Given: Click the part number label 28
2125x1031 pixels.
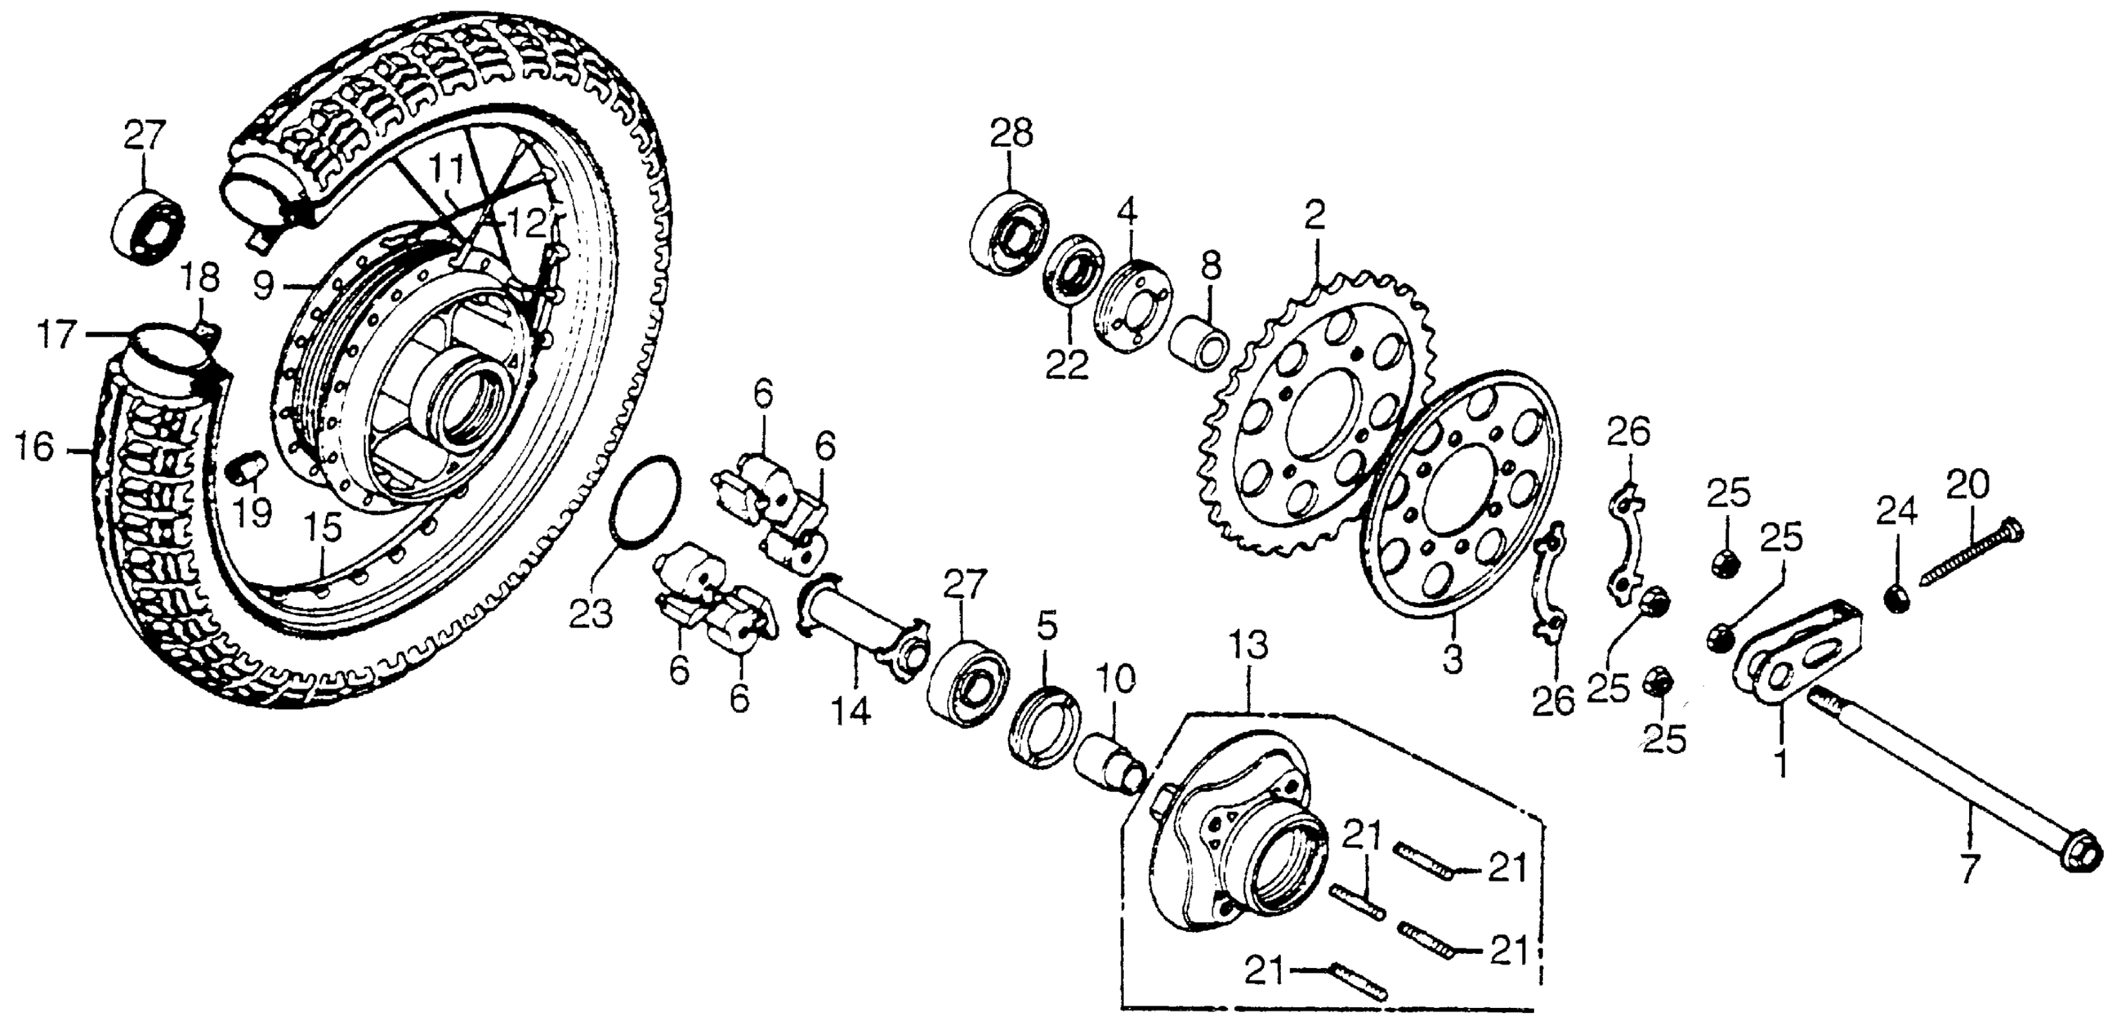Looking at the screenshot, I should pyautogui.click(x=1012, y=133).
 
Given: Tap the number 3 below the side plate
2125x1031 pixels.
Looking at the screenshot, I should pyautogui.click(x=1453, y=660).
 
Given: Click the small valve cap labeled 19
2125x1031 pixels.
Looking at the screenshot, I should pyautogui.click(x=246, y=468).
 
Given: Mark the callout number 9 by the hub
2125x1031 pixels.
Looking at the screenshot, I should pyautogui.click(x=263, y=286).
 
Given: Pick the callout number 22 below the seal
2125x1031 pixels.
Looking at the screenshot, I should pyautogui.click(x=1067, y=365).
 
